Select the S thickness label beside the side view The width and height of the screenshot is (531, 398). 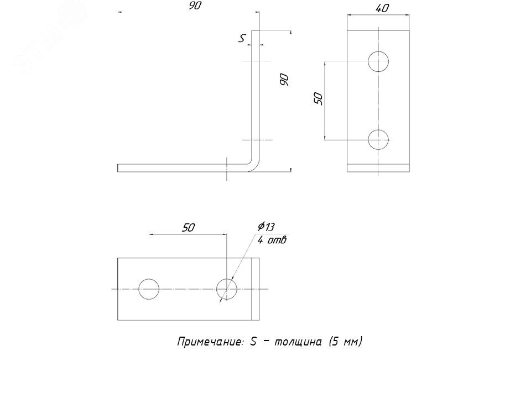point(242,38)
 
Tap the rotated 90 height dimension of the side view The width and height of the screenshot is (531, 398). point(284,80)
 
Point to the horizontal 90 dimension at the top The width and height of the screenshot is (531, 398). point(194,6)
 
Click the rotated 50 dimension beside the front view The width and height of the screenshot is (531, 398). point(318,98)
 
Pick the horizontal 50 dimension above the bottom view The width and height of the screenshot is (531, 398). point(189,227)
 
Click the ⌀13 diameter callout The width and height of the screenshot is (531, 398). point(266,227)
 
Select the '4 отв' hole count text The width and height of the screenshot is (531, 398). point(272,240)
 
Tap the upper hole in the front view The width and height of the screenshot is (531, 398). point(379,61)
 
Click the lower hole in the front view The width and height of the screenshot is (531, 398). point(379,139)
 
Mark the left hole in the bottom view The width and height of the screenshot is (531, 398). point(149,289)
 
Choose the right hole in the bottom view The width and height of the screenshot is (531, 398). point(226,289)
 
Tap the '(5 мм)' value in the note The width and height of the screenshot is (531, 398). point(345,342)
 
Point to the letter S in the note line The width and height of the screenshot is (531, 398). point(253,342)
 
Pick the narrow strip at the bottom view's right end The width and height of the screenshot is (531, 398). point(255,289)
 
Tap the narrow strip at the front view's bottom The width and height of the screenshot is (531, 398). point(379,168)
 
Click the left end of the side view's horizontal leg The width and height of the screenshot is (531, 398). point(119,168)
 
